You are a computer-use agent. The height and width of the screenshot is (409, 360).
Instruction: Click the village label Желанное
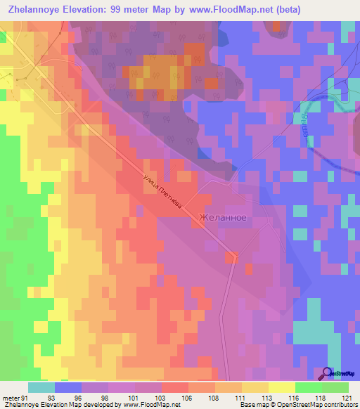point(223,218)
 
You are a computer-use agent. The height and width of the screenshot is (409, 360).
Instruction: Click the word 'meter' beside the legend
point(8,397)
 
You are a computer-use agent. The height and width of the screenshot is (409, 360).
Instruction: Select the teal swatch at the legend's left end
point(41,387)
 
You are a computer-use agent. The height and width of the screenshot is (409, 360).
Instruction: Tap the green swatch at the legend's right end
point(335,387)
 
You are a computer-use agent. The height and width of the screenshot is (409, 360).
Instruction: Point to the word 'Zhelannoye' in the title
point(41,9)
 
